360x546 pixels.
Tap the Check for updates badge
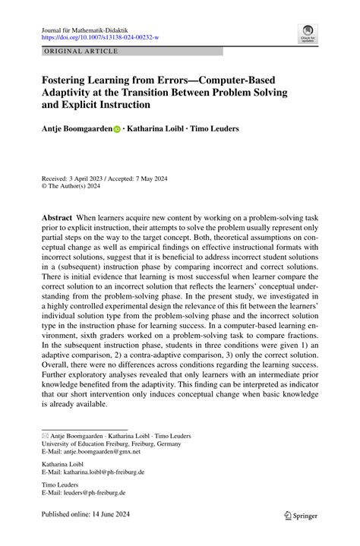(x=308, y=33)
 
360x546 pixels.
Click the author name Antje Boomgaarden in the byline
(x=76, y=128)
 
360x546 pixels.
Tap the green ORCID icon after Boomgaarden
(x=117, y=129)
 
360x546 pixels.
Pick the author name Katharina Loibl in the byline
(x=155, y=128)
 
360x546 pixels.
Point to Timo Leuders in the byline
(x=215, y=128)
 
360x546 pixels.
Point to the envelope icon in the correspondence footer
(x=46, y=435)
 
